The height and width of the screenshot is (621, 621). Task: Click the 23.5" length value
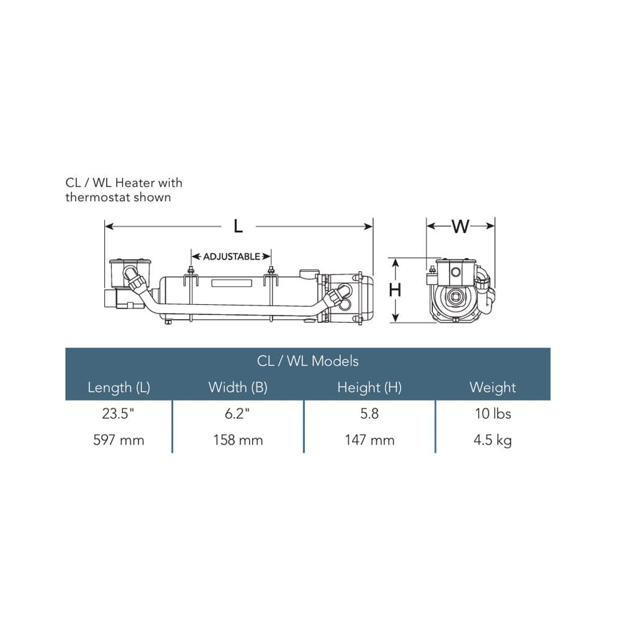(118, 414)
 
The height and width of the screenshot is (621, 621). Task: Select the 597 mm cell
(119, 440)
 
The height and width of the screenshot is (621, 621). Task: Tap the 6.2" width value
(237, 414)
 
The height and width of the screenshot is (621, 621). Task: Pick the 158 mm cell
(238, 440)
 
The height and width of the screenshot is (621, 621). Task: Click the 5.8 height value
(369, 414)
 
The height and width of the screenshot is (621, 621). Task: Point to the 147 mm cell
(369, 440)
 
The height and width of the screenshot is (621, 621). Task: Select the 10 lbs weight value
(493, 414)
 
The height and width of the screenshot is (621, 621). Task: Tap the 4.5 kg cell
(492, 441)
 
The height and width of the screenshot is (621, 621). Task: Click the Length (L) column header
(119, 388)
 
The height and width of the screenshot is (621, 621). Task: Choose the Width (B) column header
(238, 388)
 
